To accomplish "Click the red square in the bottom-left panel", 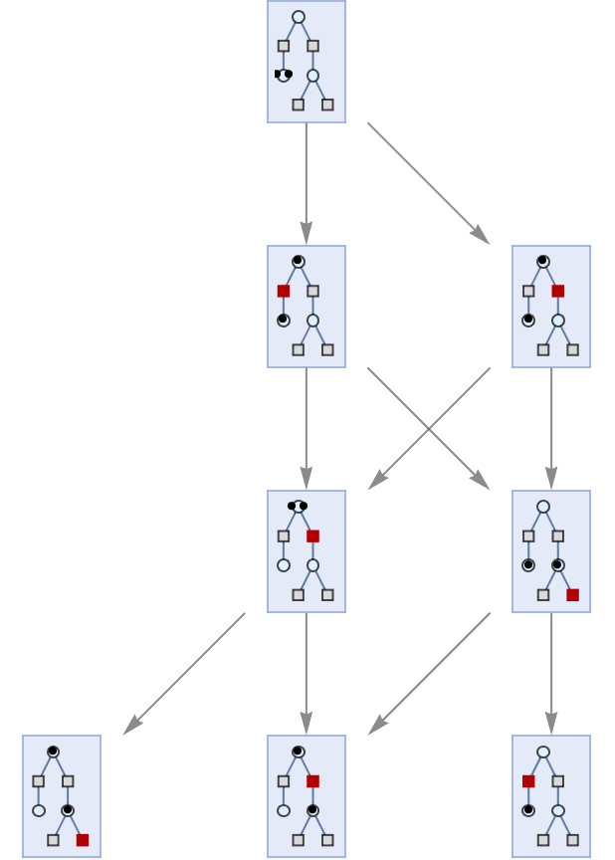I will point(83,840).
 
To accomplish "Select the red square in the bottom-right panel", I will point(528,781).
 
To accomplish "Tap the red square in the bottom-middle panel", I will point(312,781).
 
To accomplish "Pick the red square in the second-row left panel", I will point(284,291).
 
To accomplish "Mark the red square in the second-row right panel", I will point(558,291).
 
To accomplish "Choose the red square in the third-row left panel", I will point(312,536).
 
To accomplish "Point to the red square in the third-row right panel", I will point(572,594).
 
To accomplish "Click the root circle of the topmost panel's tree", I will point(299,17).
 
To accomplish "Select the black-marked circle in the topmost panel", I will point(284,75).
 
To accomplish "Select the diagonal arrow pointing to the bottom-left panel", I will point(184,674).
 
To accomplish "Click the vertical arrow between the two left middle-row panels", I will point(307,428).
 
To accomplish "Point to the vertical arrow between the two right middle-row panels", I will point(551,428).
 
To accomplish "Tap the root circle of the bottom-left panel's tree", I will point(53,752).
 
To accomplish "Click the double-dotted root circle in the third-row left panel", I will point(298,506).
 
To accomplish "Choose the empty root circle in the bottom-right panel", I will point(543,752).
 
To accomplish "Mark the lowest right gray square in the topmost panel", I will point(327,105).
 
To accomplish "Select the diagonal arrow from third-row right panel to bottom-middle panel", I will point(429,674).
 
